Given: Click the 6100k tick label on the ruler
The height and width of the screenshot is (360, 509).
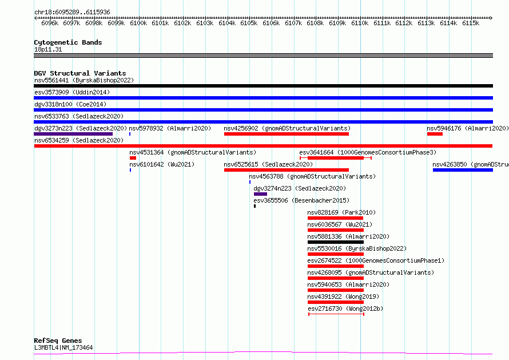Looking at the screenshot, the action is click(138, 23).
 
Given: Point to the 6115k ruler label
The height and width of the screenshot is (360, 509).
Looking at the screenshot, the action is click(471, 23).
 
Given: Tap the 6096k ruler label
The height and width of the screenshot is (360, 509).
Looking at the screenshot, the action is click(50, 23).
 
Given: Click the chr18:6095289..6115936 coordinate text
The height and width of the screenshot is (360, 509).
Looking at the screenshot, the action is click(72, 12).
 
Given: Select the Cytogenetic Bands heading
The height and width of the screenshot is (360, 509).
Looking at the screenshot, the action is click(68, 42).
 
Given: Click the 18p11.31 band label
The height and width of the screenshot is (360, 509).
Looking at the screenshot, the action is click(48, 49).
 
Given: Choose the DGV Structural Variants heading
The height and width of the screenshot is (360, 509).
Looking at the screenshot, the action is click(80, 73).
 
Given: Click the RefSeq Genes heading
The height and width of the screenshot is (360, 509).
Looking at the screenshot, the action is click(58, 341).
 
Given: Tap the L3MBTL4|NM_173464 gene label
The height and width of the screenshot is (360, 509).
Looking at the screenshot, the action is click(63, 347).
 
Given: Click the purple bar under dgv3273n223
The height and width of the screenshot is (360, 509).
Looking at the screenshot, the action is click(73, 134).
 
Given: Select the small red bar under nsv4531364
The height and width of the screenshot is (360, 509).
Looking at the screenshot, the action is click(133, 158).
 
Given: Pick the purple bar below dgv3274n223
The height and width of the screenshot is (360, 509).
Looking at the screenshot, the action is click(260, 194).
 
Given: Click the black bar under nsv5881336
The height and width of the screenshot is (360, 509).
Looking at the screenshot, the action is click(336, 242).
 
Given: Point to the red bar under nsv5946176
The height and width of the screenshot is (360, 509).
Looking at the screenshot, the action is click(435, 134).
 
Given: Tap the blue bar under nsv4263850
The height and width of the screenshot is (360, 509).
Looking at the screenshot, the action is click(463, 170).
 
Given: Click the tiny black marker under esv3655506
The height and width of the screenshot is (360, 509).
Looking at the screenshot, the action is click(255, 206).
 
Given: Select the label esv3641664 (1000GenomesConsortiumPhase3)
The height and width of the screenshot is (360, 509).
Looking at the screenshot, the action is click(368, 152).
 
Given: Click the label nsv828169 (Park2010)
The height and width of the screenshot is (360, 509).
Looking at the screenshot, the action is click(341, 212).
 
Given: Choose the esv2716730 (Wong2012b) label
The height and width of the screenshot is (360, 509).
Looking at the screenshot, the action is click(345, 308).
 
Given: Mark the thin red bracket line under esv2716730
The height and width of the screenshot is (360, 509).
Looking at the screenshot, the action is click(336, 314).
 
